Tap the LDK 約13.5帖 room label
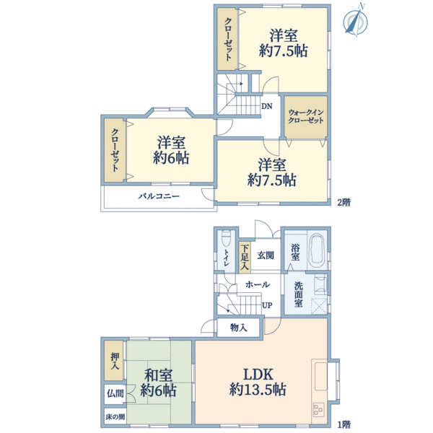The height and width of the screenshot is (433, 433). [258, 382]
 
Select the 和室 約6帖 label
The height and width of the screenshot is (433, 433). [158, 383]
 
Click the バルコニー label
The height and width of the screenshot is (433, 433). [159, 196]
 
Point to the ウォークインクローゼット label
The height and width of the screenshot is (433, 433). [306, 116]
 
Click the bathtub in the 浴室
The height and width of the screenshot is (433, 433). [316, 251]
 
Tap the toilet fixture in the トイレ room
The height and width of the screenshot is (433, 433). [226, 238]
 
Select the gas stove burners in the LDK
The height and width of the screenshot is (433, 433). [318, 409]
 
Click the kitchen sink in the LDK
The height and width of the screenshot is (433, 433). [320, 376]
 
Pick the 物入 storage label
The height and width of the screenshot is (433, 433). [239, 328]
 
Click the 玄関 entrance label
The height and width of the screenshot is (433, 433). [266, 255]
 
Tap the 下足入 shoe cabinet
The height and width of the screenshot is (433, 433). [245, 258]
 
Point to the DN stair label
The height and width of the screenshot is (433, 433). [267, 106]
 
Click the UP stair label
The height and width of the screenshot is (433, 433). [267, 305]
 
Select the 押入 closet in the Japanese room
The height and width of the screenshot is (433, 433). [115, 360]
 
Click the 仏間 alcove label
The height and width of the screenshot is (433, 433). [115, 393]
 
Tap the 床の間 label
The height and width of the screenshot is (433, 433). [115, 416]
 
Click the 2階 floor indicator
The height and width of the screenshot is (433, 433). [344, 202]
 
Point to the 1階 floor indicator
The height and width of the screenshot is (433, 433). [344, 424]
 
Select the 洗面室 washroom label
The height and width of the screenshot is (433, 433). [298, 294]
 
